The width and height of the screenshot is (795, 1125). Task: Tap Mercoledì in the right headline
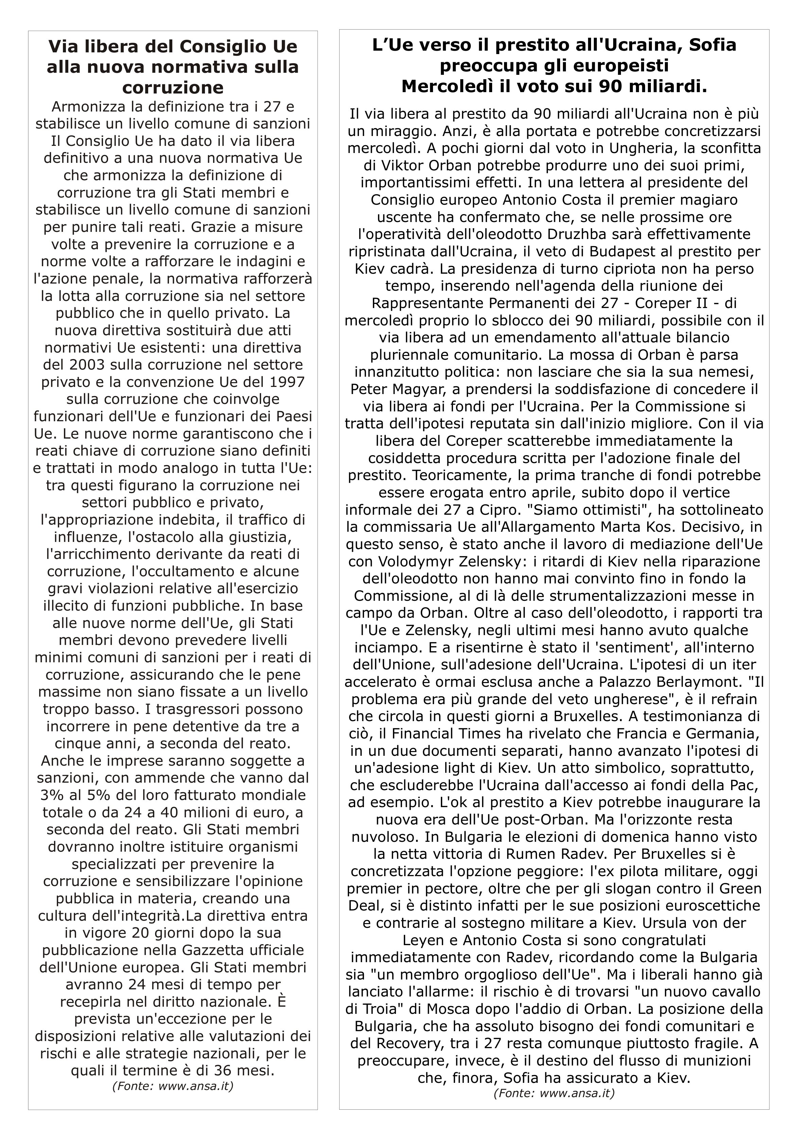click(444, 86)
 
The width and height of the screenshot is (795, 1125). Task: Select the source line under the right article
click(554, 1093)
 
